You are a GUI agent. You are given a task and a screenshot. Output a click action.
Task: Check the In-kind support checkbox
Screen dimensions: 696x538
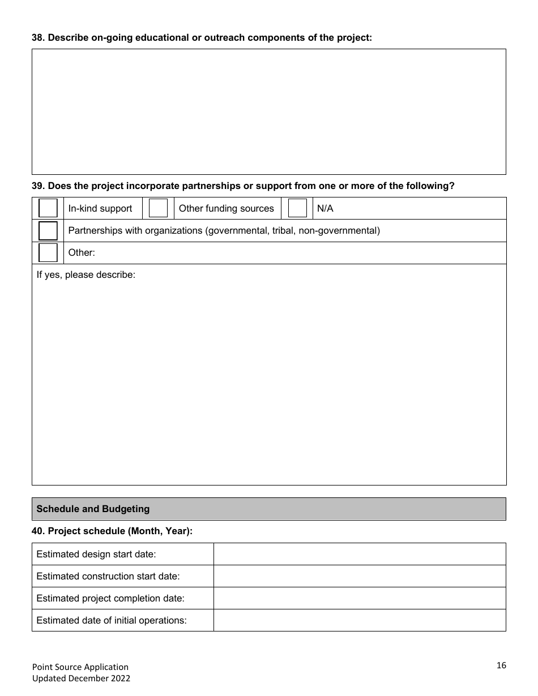(48, 208)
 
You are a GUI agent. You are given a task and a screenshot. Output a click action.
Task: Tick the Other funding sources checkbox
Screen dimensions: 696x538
(158, 208)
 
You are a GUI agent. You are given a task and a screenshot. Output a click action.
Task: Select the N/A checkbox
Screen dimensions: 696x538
(297, 208)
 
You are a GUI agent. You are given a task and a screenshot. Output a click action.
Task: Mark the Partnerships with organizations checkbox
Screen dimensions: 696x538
(48, 231)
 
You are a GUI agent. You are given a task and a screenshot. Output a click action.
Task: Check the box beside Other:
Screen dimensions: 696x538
(48, 252)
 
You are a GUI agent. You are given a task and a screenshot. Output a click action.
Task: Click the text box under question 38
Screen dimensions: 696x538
(268, 111)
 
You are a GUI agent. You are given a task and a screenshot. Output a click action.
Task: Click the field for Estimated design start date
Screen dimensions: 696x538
(359, 554)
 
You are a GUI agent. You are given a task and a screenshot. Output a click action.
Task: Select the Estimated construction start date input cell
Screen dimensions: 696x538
(359, 576)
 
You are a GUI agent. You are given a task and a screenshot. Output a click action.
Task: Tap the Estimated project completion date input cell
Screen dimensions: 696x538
(359, 598)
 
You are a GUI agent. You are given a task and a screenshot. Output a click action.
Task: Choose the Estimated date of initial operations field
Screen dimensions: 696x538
(359, 620)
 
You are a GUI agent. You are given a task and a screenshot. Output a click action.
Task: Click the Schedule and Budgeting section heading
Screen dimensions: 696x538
(93, 509)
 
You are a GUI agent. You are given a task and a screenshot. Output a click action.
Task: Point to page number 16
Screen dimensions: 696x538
(501, 665)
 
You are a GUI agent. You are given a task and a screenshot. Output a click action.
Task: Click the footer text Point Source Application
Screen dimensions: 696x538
(80, 667)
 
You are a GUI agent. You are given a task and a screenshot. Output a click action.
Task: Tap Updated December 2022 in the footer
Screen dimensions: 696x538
(81, 678)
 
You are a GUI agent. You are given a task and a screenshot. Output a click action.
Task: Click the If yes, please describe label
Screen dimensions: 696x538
(86, 275)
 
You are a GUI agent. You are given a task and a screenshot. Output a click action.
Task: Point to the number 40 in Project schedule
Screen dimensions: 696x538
(37, 531)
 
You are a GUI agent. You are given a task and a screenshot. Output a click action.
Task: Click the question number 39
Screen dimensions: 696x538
(37, 186)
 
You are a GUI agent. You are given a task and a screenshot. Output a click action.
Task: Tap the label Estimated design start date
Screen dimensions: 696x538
(96, 554)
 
